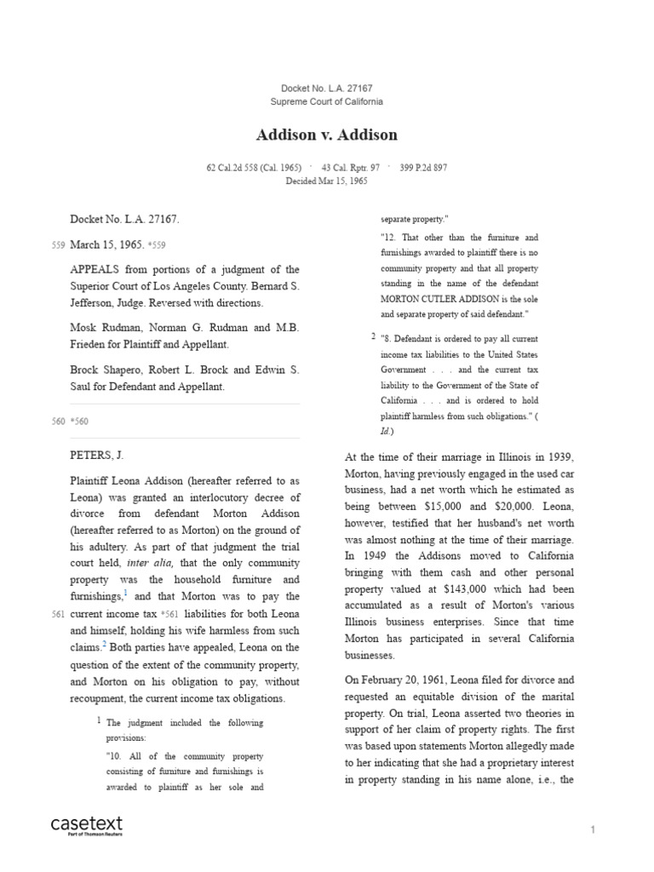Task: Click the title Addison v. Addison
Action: (326, 135)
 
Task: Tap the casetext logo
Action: (87, 825)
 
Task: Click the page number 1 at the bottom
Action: (593, 829)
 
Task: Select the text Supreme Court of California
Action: (326, 101)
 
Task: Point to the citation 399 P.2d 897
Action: (422, 168)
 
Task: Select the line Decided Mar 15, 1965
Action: (326, 181)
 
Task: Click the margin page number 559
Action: (58, 245)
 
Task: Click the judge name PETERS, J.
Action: (97, 456)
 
